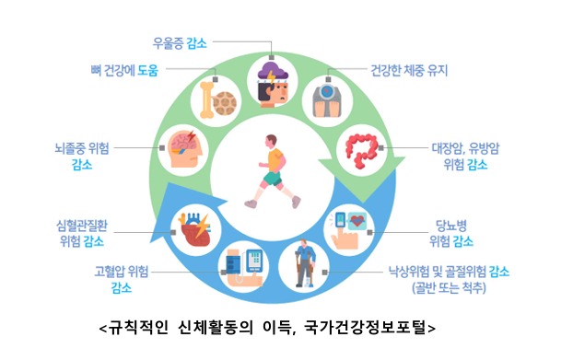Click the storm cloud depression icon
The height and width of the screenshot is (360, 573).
coord(273,85)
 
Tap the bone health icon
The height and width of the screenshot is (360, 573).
coord(217,100)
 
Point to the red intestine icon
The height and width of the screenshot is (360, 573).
coord(362,151)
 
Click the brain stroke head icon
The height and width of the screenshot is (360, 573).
coord(185,148)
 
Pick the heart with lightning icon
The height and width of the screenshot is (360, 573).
coord(194,230)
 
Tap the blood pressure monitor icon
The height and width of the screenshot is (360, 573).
coord(244,267)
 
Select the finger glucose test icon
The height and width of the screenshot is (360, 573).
coord(348,230)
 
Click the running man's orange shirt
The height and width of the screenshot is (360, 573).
coord(275,159)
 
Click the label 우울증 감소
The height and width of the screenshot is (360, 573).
coord(180,43)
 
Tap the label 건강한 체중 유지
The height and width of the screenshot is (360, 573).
coord(409,70)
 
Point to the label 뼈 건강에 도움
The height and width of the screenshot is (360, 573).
coord(124,70)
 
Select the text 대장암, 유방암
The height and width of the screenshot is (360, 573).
coord(465,148)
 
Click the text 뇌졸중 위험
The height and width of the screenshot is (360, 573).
coord(82,148)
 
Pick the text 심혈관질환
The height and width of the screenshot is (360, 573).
coord(82,226)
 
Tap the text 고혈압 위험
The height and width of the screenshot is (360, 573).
coord(122,272)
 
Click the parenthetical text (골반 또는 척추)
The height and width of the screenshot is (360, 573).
coord(449,288)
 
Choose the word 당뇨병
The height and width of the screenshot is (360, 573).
coord(451,226)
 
